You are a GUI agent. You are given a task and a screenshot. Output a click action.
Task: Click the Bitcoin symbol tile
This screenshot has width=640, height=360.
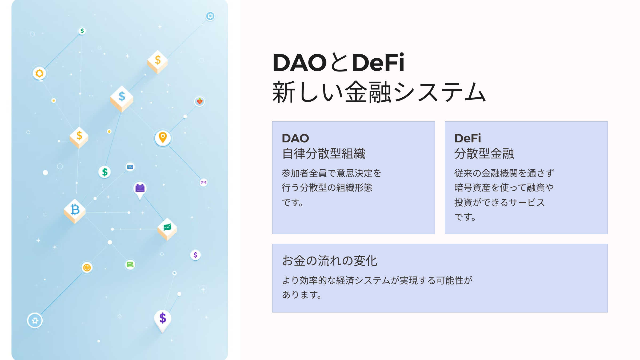point(75,211)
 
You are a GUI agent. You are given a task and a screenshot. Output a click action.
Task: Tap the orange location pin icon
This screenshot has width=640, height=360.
point(163,138)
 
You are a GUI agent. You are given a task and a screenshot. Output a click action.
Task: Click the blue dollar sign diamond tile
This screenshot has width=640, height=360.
point(122,98)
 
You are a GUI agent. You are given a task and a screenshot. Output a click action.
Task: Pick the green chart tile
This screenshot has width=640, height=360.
point(167,229)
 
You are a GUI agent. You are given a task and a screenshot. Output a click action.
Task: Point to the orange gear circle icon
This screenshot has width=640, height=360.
point(39,73)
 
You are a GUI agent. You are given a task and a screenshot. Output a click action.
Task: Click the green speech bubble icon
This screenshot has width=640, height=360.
point(130,265)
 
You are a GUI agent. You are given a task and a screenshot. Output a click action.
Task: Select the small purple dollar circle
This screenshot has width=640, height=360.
point(195,255)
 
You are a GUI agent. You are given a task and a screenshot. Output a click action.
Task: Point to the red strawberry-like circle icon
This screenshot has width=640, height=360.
point(199,101)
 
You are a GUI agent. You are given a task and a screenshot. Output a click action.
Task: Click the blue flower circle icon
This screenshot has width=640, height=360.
point(35,320)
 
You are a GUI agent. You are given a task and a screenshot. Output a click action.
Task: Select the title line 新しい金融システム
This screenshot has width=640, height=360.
point(379,92)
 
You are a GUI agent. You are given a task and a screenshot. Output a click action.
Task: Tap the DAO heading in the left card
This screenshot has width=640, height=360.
point(295,138)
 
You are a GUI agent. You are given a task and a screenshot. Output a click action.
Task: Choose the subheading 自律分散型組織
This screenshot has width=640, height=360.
point(324,154)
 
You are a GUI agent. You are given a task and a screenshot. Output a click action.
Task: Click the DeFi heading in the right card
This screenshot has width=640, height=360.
point(468,138)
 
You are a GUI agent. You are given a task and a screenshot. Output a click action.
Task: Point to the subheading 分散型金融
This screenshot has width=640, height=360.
point(484,154)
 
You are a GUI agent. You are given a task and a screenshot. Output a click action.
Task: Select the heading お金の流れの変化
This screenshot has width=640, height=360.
point(330,261)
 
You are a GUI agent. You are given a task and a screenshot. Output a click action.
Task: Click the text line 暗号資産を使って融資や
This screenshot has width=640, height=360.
point(504,188)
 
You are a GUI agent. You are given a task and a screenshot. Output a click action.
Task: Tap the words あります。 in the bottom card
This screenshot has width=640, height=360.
point(302,295)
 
